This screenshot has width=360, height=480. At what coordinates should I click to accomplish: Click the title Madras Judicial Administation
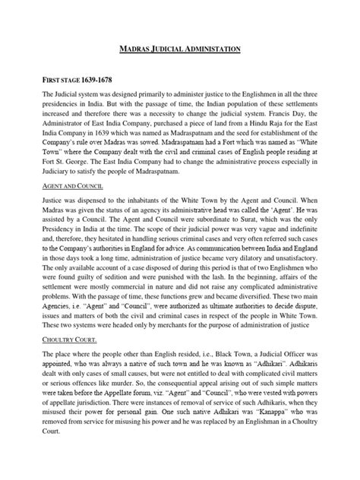[x=181, y=49]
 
